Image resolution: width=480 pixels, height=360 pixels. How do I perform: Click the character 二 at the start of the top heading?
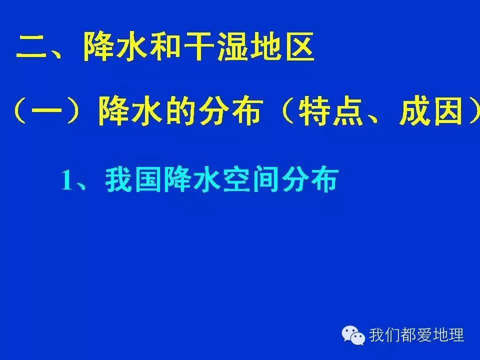tap(31, 48)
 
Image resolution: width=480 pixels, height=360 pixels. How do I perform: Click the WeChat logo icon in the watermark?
tap(353, 334)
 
